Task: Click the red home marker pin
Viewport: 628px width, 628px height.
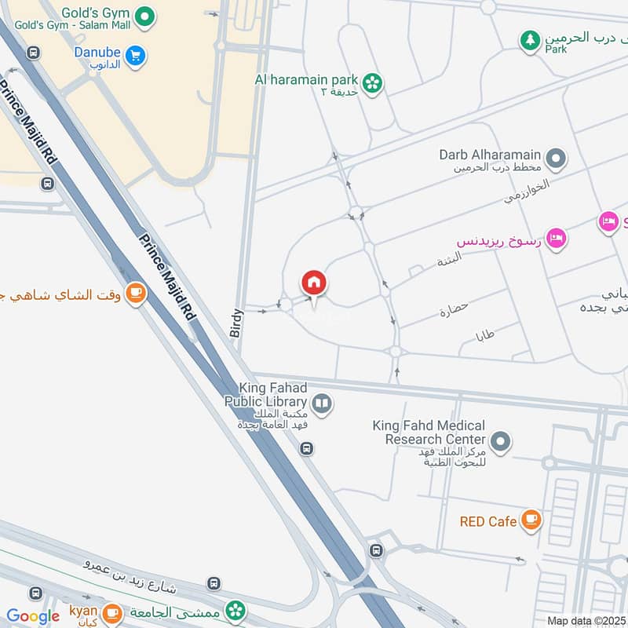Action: coord(314,283)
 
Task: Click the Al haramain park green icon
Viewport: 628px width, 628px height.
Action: coord(373,81)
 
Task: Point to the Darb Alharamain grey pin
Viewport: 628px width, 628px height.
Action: coord(557,160)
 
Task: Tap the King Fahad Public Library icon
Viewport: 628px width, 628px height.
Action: coord(322,405)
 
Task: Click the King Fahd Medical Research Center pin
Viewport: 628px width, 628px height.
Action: coord(500,442)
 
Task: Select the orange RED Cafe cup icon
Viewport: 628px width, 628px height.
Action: coord(531,520)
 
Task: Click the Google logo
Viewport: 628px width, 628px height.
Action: coord(33,616)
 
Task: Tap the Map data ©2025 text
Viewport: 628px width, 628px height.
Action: coord(586,620)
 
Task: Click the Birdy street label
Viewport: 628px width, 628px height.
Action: coord(237,323)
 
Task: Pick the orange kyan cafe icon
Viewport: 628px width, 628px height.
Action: coord(112,612)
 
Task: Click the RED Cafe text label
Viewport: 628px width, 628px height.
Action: coord(488,521)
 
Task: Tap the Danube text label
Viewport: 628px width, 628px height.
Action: coord(97,52)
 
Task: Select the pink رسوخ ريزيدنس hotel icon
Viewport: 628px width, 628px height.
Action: coord(557,239)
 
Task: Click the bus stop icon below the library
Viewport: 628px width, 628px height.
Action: coord(307,449)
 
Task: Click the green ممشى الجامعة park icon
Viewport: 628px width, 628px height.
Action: coord(234,611)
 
